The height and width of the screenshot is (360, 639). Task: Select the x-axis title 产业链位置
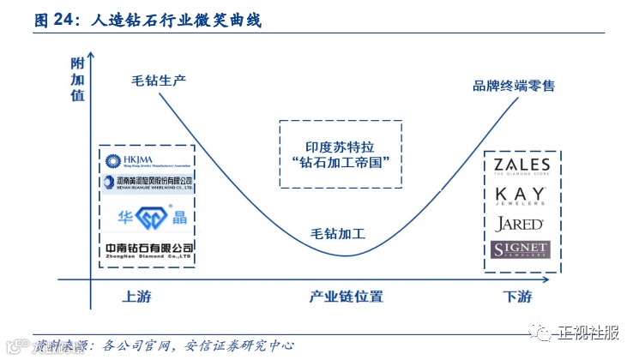pos(346,297)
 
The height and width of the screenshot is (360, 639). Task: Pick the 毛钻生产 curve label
pos(159,81)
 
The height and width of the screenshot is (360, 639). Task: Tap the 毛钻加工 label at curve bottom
pos(338,233)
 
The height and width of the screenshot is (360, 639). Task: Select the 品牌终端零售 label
pos(514,86)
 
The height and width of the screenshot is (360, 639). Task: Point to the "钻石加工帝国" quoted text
pos(341,162)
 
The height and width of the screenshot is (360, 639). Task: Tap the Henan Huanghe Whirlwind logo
pos(148,183)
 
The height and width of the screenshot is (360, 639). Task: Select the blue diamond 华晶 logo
pos(147,215)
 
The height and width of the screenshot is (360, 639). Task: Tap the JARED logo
pos(520,225)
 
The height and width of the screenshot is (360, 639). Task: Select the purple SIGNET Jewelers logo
pos(520,250)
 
